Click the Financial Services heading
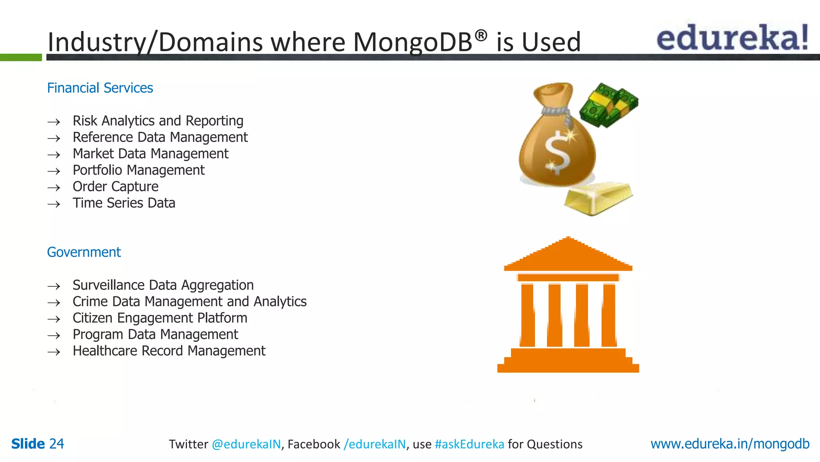pos(100,88)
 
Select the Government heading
pos(84,252)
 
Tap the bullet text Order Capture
pos(115,186)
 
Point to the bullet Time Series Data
pos(124,203)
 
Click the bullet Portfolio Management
pos(139,170)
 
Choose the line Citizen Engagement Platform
pos(160,318)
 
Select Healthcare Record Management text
pos(169,351)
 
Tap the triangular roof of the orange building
pos(568,255)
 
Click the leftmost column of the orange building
pos(527,315)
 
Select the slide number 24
pos(56,444)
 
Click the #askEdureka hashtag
pos(469,444)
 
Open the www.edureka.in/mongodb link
pos(730,444)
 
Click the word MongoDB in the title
pos(412,42)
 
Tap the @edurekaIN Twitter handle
pos(246,444)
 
